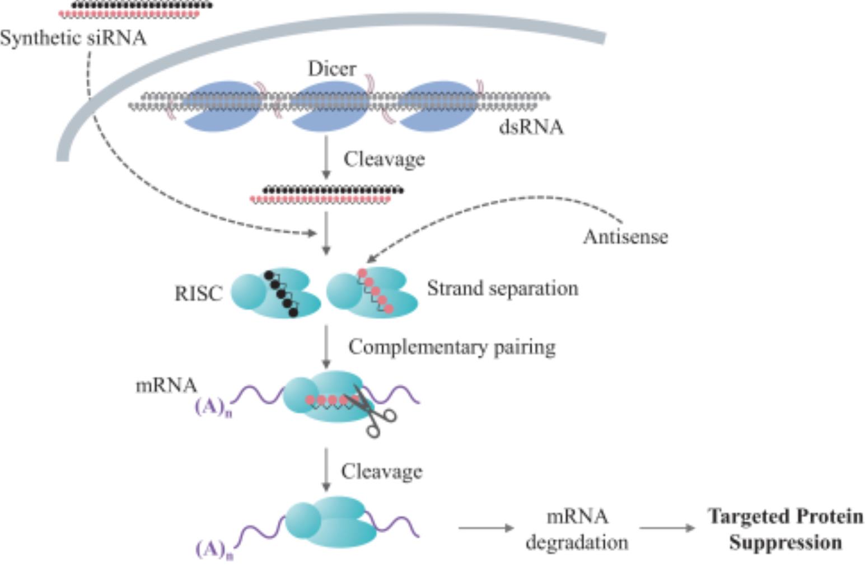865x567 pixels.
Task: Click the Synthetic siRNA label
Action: click(73, 38)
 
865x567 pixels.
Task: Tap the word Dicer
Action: click(332, 69)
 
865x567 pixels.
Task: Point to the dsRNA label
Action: click(531, 128)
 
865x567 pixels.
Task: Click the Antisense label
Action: click(625, 237)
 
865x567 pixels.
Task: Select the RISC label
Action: click(198, 293)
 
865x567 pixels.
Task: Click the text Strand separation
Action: click(502, 289)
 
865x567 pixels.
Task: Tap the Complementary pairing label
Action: click(452, 347)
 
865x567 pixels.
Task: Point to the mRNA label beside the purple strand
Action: click(166, 386)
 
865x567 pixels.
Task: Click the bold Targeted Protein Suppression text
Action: click(785, 529)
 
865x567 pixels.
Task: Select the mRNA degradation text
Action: click(577, 529)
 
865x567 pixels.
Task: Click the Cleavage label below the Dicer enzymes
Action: click(384, 160)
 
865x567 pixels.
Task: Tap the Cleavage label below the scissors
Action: click(382, 471)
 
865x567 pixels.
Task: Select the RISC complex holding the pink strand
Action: click(372, 293)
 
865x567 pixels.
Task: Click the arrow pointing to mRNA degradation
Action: click(485, 528)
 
